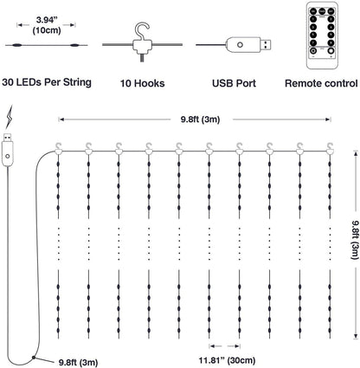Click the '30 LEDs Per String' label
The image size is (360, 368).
tap(45, 83)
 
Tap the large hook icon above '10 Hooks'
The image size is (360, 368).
tap(134, 39)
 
